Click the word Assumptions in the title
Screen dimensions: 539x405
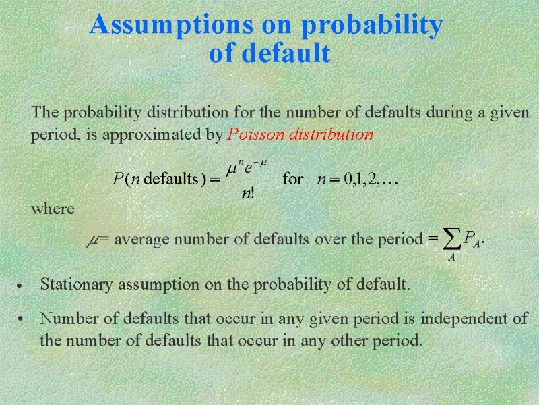click(172, 24)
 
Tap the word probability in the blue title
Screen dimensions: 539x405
click(372, 24)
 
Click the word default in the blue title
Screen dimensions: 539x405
click(286, 53)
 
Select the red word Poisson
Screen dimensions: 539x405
click(255, 134)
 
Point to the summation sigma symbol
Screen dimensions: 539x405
click(451, 240)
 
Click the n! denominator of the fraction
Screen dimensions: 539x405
click(248, 194)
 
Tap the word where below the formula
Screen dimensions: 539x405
click(53, 209)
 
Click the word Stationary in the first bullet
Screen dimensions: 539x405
click(76, 284)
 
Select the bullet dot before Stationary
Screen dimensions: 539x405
click(20, 286)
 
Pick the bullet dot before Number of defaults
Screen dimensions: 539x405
click(21, 319)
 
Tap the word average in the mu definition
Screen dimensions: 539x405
click(141, 240)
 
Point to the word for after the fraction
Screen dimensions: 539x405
click(292, 179)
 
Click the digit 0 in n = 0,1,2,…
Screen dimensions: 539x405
click(348, 180)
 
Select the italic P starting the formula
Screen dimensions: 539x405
click(117, 179)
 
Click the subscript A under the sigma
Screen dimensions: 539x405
click(451, 257)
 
